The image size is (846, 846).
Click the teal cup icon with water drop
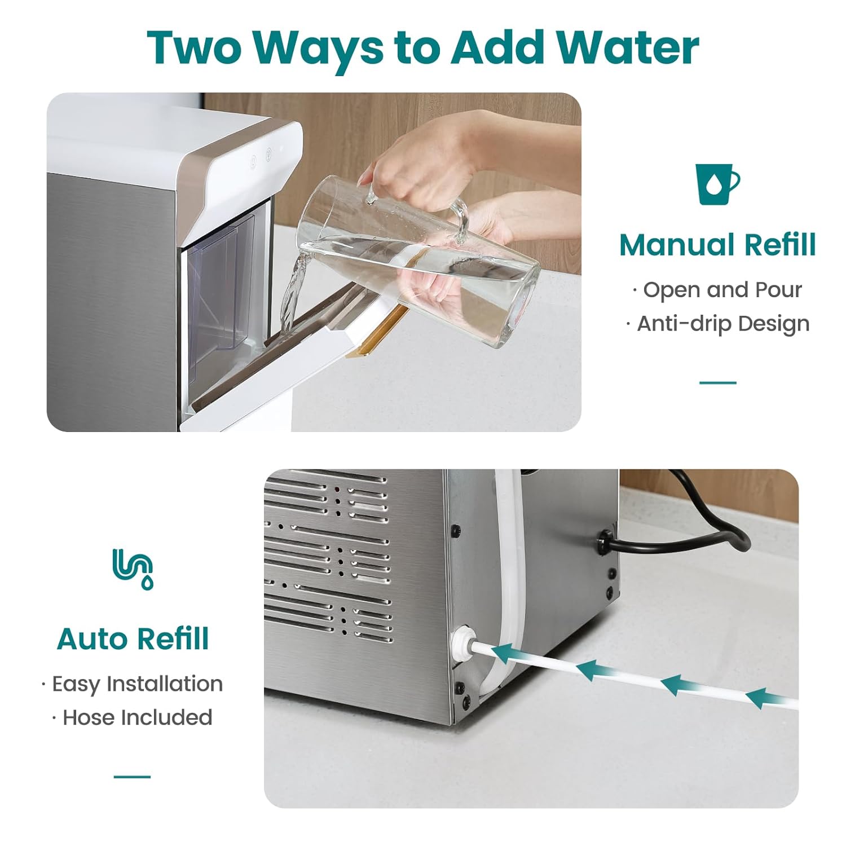(717, 184)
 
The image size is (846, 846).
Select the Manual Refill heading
(717, 245)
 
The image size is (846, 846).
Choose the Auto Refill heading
(133, 639)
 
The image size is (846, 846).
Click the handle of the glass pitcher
(460, 217)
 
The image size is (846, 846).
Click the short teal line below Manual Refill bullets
(717, 382)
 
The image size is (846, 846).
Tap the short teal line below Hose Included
(132, 777)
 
